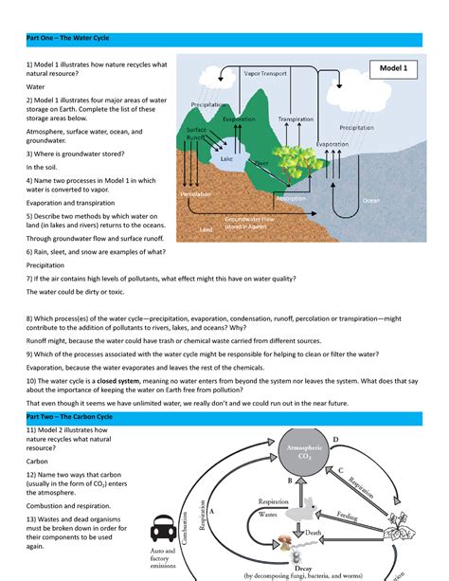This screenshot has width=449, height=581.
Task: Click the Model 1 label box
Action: pyautogui.click(x=393, y=69)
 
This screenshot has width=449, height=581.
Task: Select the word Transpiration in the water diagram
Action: pyautogui.click(x=296, y=119)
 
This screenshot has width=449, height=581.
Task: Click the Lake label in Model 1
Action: pyautogui.click(x=226, y=159)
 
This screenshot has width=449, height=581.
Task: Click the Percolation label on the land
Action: pyautogui.click(x=197, y=193)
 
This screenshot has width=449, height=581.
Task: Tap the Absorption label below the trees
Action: pyautogui.click(x=290, y=199)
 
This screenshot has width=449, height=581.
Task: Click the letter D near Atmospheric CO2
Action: pyautogui.click(x=334, y=440)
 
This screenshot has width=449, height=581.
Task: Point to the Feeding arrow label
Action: pyautogui.click(x=347, y=517)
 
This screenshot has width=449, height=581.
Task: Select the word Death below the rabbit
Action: pyautogui.click(x=314, y=534)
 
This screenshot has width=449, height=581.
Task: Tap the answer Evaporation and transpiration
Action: pyautogui.click(x=73, y=201)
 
